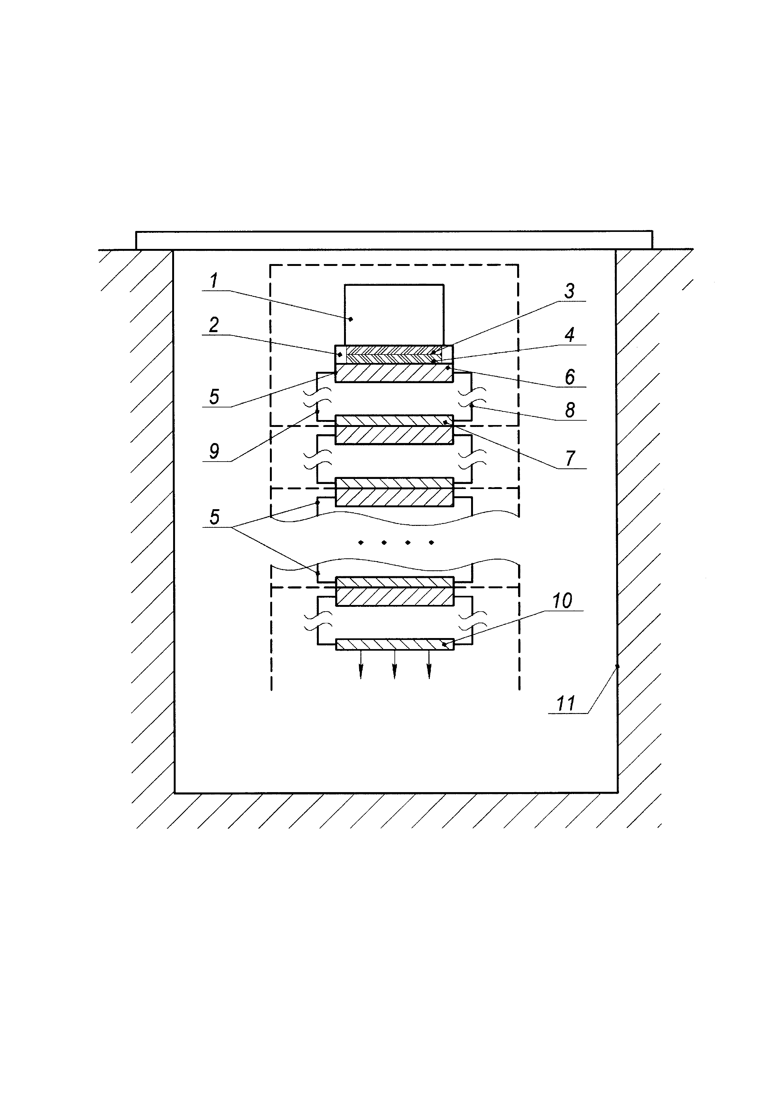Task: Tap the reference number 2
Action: point(214,325)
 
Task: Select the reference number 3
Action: point(569,291)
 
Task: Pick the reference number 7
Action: point(570,458)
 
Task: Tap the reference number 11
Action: point(566,704)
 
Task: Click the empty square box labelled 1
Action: point(394,314)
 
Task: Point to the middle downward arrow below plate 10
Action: point(394,665)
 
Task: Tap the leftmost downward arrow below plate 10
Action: point(361,665)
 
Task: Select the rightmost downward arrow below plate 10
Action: point(429,665)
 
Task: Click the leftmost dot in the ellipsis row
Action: point(361,542)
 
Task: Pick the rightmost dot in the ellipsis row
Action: point(431,542)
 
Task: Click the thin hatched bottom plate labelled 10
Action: point(394,644)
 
